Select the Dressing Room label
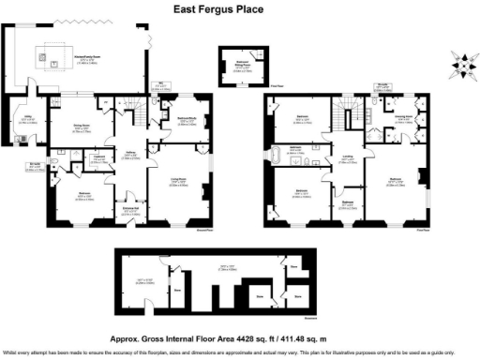pos(405,119)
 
